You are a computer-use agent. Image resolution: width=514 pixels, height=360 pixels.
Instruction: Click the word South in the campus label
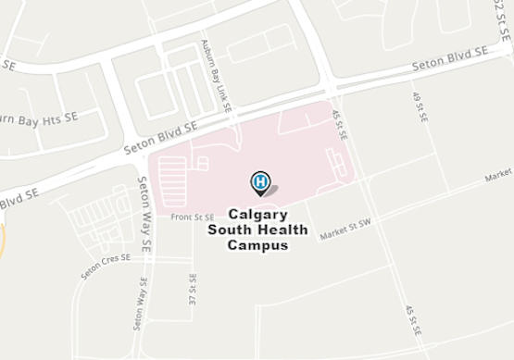pyautogui.click(x=230, y=230)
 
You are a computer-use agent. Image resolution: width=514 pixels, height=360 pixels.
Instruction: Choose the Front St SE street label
pyautogui.click(x=193, y=217)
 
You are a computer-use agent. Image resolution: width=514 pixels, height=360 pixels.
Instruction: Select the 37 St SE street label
pyautogui.click(x=193, y=291)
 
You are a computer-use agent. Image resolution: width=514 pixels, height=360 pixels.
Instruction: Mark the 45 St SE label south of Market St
pyautogui.click(x=413, y=320)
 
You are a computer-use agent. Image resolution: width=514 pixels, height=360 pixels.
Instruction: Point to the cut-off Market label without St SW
pyautogui.click(x=498, y=174)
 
